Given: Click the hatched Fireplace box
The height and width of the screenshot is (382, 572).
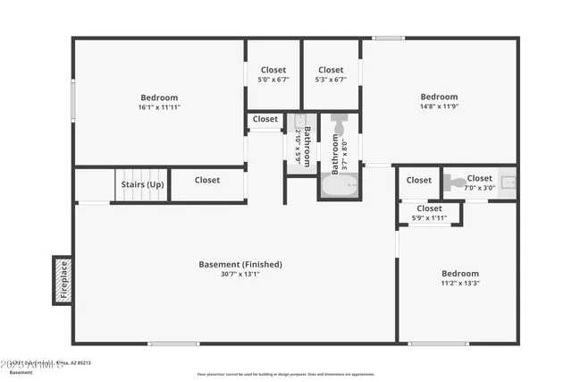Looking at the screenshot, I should (63, 280).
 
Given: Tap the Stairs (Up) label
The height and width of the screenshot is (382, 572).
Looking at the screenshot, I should (143, 185).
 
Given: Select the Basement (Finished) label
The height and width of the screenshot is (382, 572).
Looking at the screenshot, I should (240, 264).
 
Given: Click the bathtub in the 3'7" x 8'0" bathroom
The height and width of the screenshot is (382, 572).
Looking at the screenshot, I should (340, 187).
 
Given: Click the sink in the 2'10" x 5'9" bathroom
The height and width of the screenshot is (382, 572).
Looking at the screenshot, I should (300, 120).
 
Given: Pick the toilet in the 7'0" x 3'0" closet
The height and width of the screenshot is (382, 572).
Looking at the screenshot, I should (450, 182).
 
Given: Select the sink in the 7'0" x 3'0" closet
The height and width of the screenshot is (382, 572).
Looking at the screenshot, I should (508, 183).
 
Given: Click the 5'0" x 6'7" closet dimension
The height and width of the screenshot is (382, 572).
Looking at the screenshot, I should (273, 80).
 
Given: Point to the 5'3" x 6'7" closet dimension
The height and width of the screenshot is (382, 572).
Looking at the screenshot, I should (331, 80).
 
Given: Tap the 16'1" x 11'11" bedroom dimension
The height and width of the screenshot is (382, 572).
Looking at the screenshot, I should (159, 107).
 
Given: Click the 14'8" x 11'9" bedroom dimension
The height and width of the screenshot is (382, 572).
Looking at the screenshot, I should (439, 106).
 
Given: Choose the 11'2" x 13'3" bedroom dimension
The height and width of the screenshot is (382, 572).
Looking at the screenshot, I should (459, 284).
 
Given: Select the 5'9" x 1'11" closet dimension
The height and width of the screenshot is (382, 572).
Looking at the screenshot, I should (429, 218).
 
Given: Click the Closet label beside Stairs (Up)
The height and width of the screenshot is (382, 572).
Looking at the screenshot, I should (207, 180).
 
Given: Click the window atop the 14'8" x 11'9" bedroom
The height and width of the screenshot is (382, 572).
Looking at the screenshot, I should (388, 38).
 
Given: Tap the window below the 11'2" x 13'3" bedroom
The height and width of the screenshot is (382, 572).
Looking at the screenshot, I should (438, 344).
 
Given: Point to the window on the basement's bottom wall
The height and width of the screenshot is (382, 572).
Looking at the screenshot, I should (173, 344).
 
